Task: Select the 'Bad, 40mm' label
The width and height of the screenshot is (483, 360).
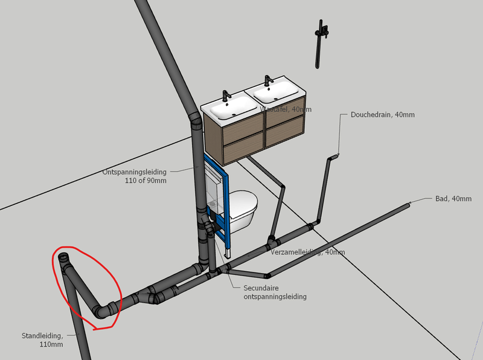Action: pos(453,198)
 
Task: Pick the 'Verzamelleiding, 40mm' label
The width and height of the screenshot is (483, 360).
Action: pos(308,251)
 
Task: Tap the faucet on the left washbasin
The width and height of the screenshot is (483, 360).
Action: pos(226,96)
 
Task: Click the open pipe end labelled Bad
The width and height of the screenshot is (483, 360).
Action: pos(408,205)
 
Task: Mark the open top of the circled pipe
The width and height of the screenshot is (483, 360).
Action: pos(65,259)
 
